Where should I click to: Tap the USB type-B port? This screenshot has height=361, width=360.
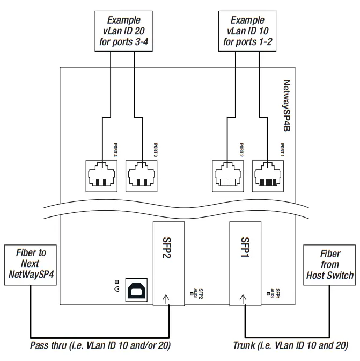tap(135, 290)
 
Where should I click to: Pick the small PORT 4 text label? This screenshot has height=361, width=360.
tap(115, 149)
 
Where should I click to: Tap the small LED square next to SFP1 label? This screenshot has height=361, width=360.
tap(267, 294)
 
